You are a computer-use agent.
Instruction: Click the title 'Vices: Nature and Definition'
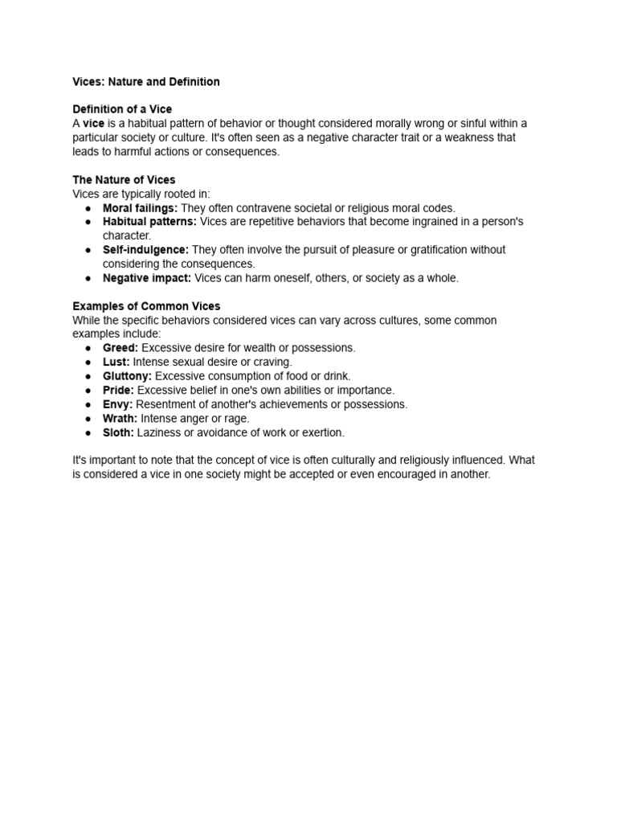(146, 82)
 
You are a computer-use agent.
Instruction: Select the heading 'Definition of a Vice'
(122, 109)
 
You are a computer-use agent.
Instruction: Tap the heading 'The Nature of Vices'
(124, 180)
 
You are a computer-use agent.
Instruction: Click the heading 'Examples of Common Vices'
(146, 306)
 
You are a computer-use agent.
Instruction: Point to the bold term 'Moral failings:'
(140, 208)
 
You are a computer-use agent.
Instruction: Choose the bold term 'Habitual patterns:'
(149, 222)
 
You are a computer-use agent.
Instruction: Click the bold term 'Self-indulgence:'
(145, 250)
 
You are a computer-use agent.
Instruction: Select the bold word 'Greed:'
(121, 348)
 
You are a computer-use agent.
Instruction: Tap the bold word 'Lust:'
(116, 362)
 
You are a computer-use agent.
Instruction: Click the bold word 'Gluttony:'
(127, 376)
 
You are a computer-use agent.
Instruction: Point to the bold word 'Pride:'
(118, 391)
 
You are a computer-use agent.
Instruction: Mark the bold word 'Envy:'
(117, 404)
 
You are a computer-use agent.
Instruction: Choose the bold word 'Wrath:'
(120, 419)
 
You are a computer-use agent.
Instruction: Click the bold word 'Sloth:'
(118, 432)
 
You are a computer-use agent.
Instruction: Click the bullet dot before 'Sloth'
(88, 433)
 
